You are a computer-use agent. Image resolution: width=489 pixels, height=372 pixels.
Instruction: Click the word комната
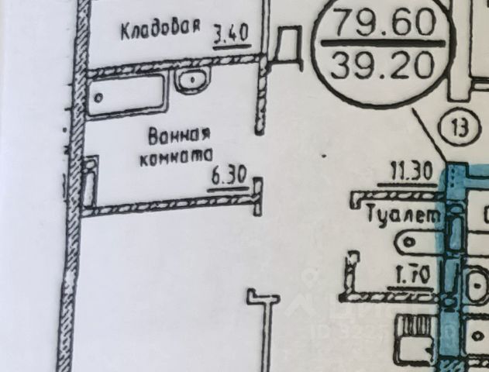174,157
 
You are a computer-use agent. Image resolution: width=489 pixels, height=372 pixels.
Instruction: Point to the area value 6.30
229,177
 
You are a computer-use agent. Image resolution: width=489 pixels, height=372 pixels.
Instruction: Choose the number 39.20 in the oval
382,66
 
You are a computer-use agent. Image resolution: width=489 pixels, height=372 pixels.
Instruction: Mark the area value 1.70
405,274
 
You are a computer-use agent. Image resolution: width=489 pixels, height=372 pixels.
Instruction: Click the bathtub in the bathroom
124,95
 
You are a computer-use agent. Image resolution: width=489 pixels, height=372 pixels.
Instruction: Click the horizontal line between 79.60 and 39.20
383,44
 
